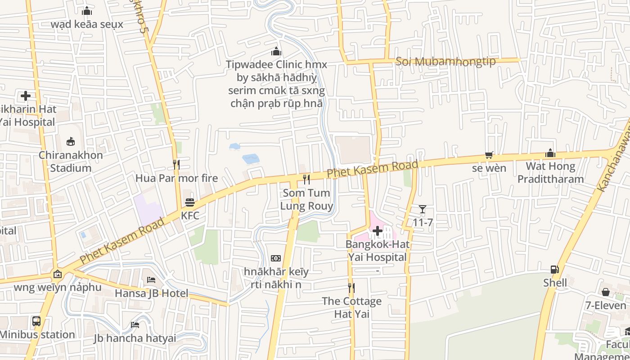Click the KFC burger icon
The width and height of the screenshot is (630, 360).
[x=189, y=202]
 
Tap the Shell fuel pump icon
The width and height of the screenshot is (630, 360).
[x=554, y=270]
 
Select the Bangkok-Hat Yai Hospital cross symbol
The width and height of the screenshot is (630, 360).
[x=378, y=231]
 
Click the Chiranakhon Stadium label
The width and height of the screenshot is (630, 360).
[x=71, y=162]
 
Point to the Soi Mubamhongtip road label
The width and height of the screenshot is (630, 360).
[x=445, y=62]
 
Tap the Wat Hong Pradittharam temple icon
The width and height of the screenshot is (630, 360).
[x=550, y=153]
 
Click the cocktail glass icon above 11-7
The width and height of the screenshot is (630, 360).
[x=422, y=209]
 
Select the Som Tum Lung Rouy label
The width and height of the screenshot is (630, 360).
[x=306, y=199]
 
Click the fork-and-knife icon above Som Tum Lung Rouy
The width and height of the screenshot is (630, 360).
[x=306, y=180]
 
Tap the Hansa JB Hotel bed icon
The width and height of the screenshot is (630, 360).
[x=151, y=280]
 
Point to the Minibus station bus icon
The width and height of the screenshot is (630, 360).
[x=36, y=321]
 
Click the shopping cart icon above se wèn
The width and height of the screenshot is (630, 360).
[x=489, y=155]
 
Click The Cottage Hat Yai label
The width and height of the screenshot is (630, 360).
[x=351, y=307]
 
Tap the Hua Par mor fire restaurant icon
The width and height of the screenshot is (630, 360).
[x=176, y=165]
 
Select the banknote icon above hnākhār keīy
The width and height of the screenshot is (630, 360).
[x=276, y=258]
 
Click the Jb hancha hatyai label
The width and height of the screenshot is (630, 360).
[x=135, y=338]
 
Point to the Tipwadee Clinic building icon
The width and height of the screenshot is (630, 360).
[x=276, y=51]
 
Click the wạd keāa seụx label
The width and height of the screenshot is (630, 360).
[x=87, y=24]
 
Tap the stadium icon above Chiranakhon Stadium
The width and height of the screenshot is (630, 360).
[x=71, y=142]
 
